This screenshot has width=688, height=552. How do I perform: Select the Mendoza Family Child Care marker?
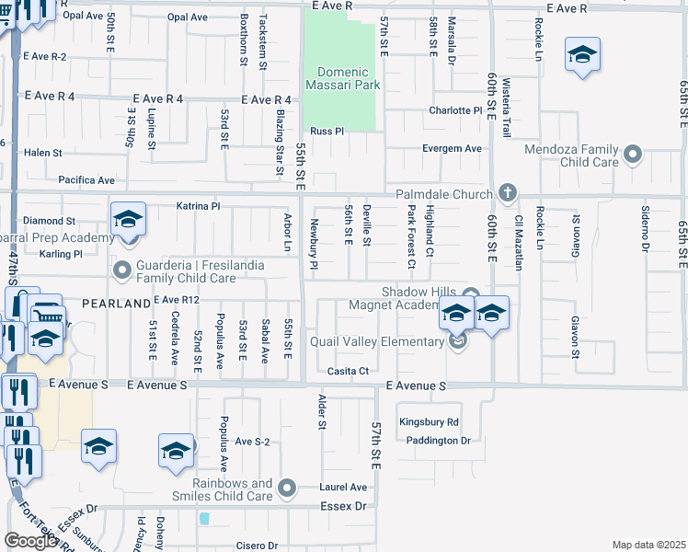click(632, 155)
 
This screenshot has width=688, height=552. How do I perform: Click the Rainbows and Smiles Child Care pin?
click(288, 488)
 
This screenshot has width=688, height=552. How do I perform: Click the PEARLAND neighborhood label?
click(115, 303)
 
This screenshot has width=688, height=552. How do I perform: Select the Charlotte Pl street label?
click(455, 110)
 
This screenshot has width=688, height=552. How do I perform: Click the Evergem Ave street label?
click(452, 148)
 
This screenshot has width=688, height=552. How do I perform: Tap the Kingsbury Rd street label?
click(429, 422)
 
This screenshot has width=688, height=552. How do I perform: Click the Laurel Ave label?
click(344, 488)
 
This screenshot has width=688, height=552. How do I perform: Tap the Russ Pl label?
click(327, 132)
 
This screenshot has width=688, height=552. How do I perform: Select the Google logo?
click(30, 541)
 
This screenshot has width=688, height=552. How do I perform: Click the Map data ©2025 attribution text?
click(648, 545)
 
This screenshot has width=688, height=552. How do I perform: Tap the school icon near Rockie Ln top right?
click(582, 54)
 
